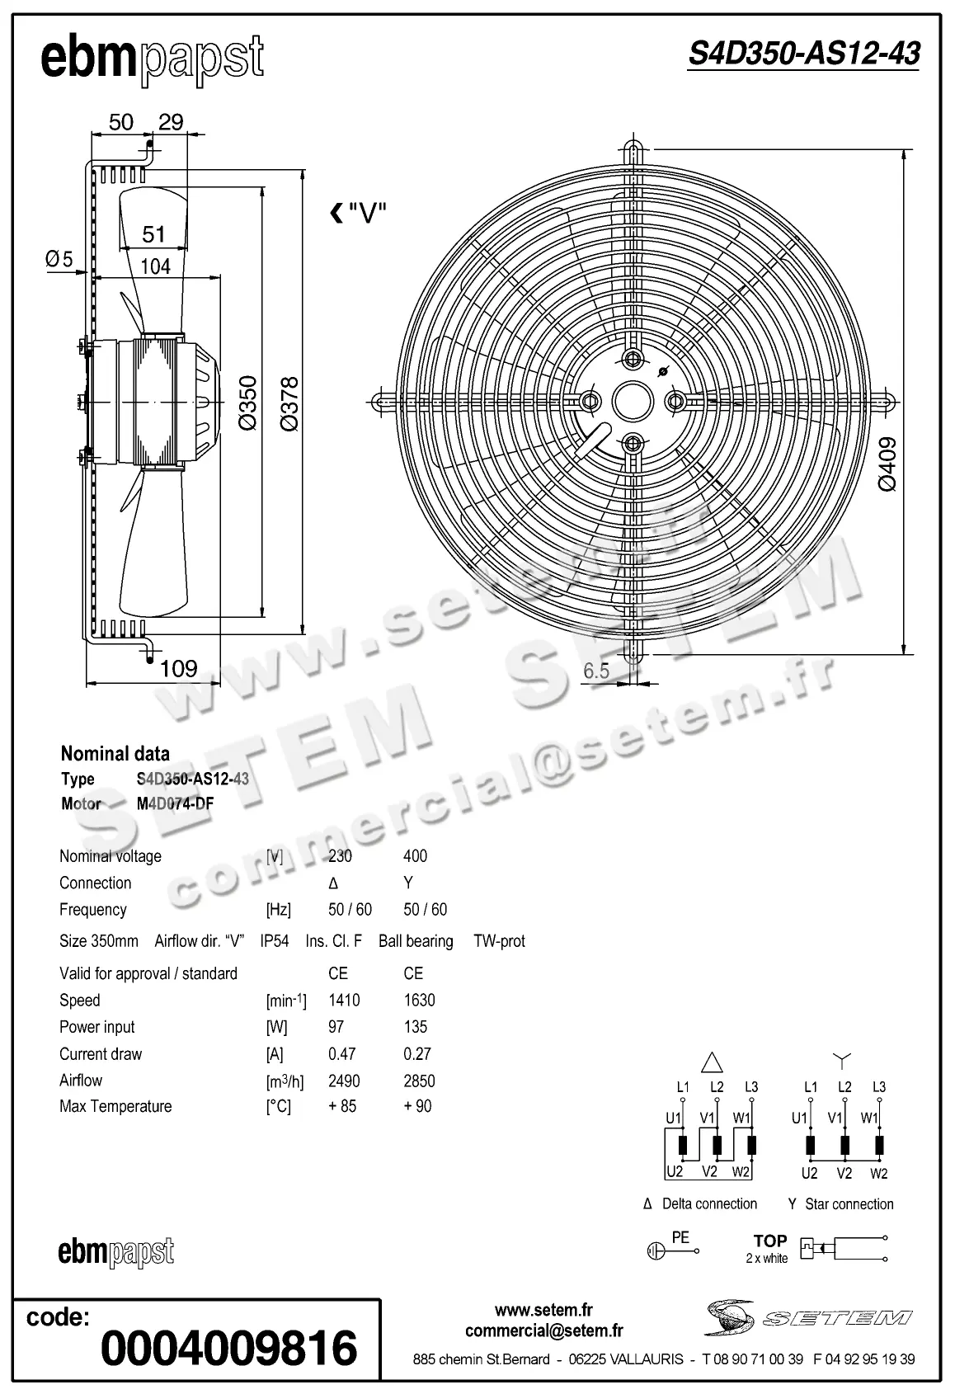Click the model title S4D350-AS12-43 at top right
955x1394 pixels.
(803, 54)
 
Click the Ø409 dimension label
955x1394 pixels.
(887, 465)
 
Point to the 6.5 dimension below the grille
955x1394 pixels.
(596, 671)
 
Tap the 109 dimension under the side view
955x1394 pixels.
(178, 668)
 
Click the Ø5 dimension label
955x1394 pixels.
(59, 259)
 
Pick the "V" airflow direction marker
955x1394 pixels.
(359, 214)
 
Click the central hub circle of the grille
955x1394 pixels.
(633, 401)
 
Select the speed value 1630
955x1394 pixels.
(419, 1001)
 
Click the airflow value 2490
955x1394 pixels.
(344, 1081)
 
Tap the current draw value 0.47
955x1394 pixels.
(342, 1054)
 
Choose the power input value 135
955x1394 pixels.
(416, 1027)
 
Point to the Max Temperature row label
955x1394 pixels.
(115, 1107)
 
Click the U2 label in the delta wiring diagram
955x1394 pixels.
(675, 1171)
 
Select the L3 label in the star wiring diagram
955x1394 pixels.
(879, 1087)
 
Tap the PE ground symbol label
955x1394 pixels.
(680, 1237)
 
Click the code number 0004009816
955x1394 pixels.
(228, 1348)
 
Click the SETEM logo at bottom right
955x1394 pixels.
(808, 1317)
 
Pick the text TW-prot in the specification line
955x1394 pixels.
(499, 941)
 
